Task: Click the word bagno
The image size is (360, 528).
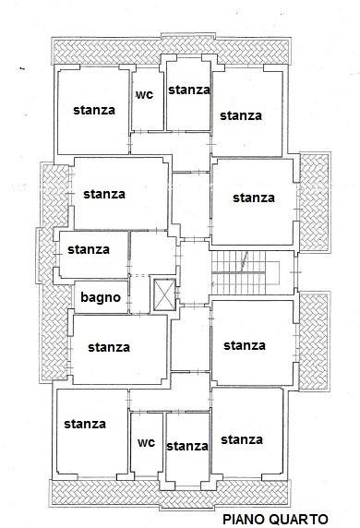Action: pos(101,297)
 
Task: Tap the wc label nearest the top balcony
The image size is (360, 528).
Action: pos(145,95)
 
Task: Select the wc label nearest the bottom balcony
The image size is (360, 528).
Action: pos(147,442)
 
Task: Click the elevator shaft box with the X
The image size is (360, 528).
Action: pos(164,294)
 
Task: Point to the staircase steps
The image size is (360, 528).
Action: pos(238,272)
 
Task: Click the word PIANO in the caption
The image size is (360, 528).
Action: pos(244,520)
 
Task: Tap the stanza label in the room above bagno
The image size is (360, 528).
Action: pos(89,250)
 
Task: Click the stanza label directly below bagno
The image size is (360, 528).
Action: pos(109,347)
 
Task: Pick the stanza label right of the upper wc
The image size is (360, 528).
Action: pos(189,90)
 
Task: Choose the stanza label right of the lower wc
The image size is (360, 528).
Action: pos(187,446)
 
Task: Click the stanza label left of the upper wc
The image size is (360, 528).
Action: pos(94,110)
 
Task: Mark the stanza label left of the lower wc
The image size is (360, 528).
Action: pos(85,424)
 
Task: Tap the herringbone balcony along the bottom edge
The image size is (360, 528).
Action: pos(170,494)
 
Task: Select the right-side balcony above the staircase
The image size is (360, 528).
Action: pos(315,202)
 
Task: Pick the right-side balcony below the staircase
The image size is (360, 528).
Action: pos(314,342)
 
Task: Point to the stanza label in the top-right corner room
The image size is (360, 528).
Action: pos(241,115)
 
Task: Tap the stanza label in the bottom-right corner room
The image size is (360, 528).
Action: pos(242,439)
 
